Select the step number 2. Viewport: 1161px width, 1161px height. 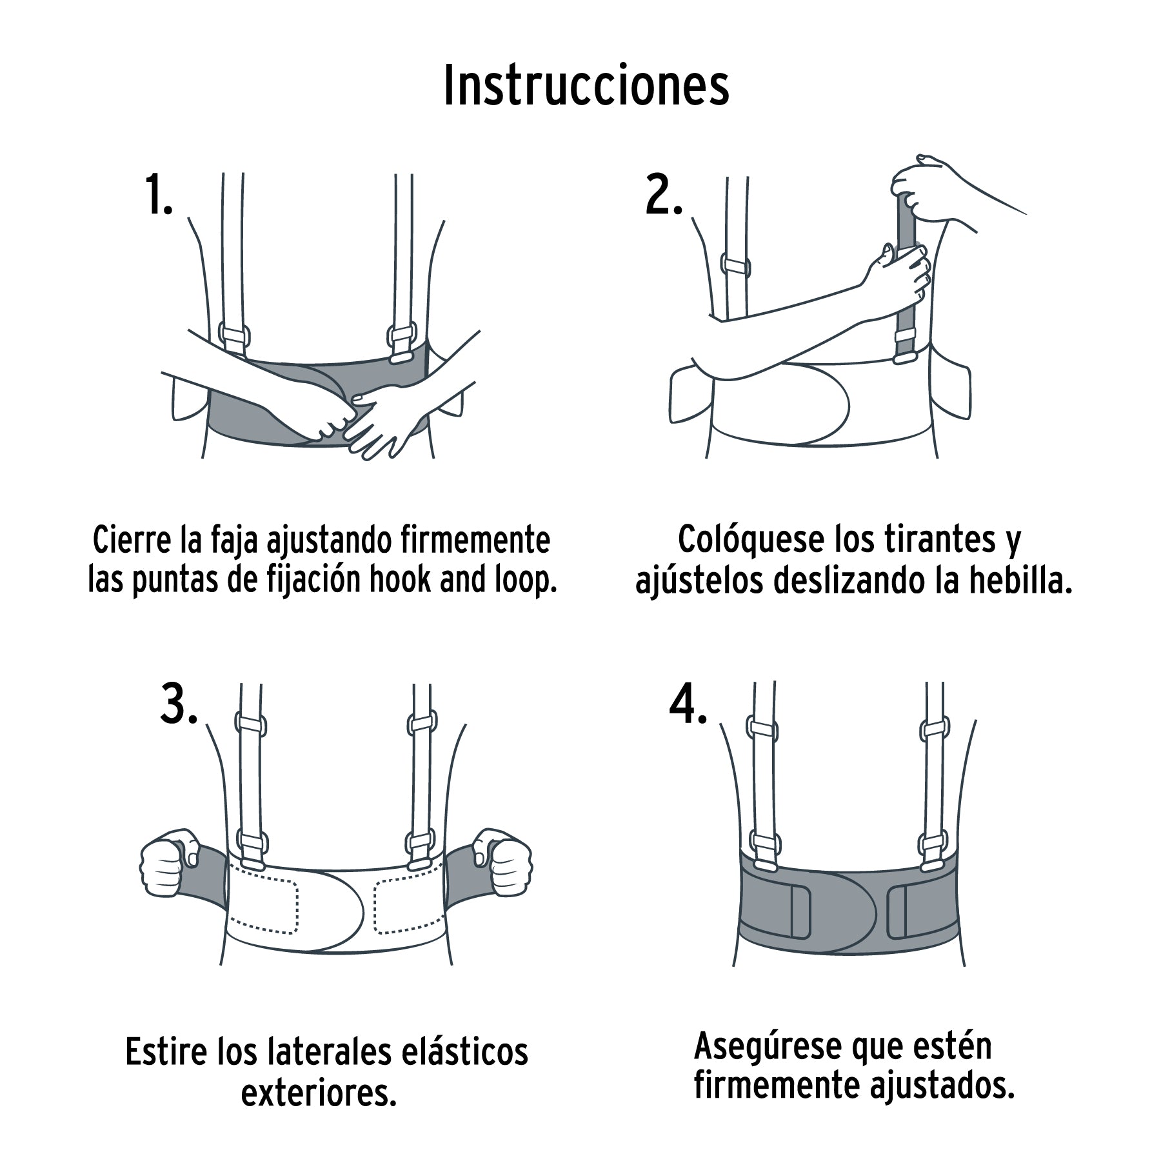(663, 195)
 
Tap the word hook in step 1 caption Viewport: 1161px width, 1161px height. (401, 579)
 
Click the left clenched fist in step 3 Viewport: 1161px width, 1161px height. (169, 862)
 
